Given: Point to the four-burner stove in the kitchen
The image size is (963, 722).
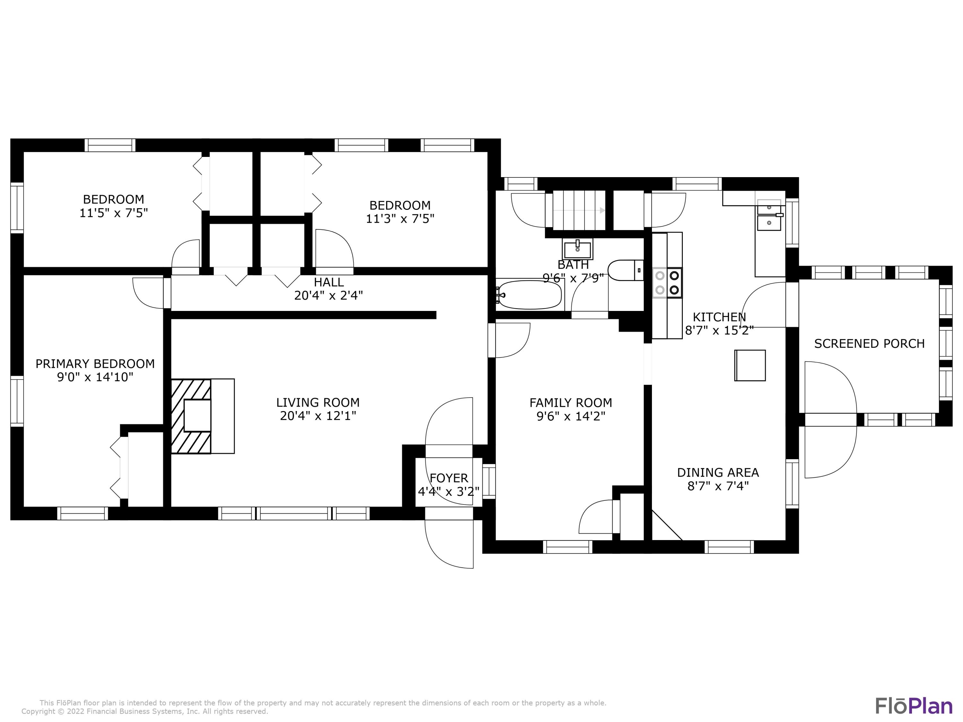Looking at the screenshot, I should [x=667, y=282].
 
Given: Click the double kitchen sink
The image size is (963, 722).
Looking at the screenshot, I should [x=769, y=216].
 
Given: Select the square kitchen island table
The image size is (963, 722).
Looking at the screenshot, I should [x=750, y=365].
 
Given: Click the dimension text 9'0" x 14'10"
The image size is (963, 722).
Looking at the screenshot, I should [x=95, y=377].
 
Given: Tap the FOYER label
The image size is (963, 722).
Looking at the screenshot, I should [x=449, y=478].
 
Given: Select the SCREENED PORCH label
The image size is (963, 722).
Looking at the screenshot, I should [x=869, y=343].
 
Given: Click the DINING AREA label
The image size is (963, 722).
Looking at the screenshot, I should [x=718, y=472].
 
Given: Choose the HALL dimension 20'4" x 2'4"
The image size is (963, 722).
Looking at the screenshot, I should [x=328, y=296].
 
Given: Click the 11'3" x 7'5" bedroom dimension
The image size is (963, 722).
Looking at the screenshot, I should [x=400, y=219].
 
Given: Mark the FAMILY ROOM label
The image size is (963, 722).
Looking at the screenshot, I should [x=570, y=403].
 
